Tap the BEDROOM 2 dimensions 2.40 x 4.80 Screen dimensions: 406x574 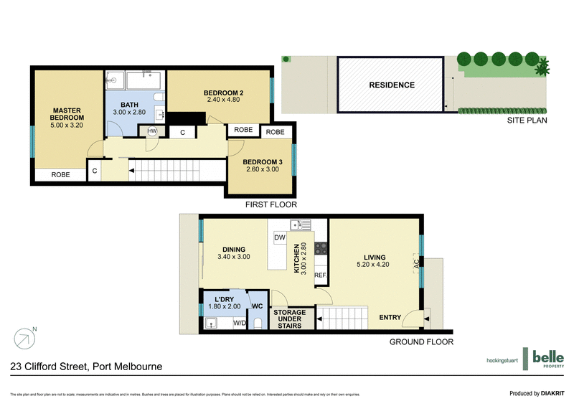pyautogui.click(x=223, y=100)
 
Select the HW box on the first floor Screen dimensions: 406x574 pyautogui.click(x=153, y=131)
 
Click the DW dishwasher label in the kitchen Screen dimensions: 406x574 pyautogui.click(x=281, y=237)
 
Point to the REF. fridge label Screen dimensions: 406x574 pyautogui.click(x=320, y=275)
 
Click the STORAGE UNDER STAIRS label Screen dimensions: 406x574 pyautogui.click(x=288, y=319)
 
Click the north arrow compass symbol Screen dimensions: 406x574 pyautogui.click(x=24, y=337)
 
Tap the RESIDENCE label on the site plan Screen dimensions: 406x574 pyautogui.click(x=392, y=85)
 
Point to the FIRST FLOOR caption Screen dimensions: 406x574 pyautogui.click(x=270, y=204)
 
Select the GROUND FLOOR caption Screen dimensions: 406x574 pyautogui.click(x=421, y=342)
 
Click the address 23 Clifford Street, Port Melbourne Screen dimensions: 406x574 pyautogui.click(x=85, y=367)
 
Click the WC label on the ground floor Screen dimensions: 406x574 pyautogui.click(x=258, y=306)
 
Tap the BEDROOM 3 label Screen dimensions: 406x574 pyautogui.click(x=263, y=162)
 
